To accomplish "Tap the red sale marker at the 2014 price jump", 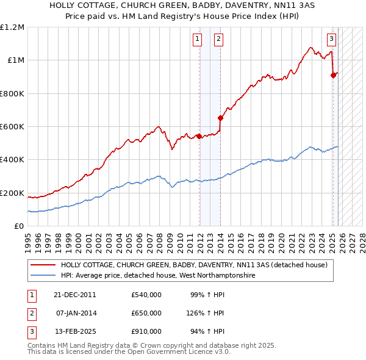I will (220, 118).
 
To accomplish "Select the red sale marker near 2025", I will (333, 75).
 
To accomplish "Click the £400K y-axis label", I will (12, 160).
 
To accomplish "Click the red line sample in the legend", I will (43, 265).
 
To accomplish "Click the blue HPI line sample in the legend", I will (43, 276).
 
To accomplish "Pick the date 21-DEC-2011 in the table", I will (74, 295).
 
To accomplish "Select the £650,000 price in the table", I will (146, 313).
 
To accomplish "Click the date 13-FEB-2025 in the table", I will (74, 331).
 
